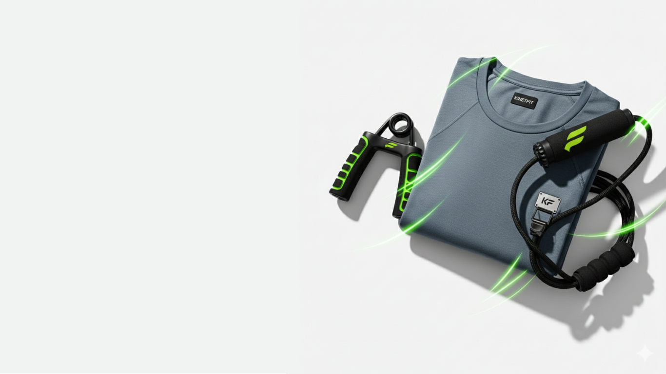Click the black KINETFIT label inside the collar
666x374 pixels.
point(524,101)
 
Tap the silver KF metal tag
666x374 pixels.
point(548,202)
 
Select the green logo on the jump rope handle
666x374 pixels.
point(576,138)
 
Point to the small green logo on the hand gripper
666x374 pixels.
point(391,145)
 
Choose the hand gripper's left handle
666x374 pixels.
point(350,168)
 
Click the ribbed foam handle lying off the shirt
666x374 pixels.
point(604,267)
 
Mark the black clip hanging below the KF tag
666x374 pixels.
point(539,222)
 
